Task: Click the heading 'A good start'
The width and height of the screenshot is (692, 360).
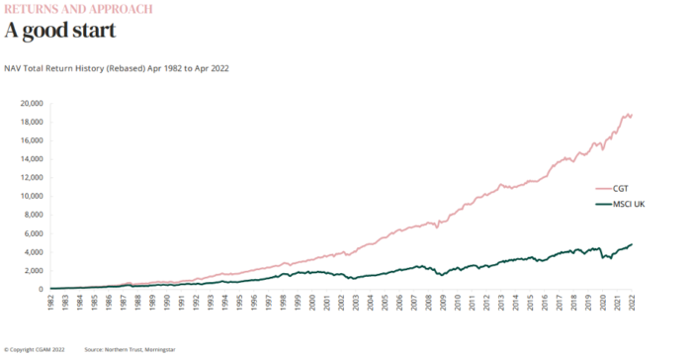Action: coord(60,30)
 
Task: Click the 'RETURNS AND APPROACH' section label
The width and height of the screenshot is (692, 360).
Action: coord(79,9)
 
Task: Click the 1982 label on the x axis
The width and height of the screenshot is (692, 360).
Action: coord(51,302)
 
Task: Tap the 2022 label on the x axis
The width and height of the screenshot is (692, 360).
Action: coord(631,302)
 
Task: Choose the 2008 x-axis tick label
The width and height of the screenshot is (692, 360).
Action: coord(428,302)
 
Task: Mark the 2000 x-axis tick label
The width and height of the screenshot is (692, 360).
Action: coord(312,302)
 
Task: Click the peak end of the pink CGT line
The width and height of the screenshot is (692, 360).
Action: coord(630,114)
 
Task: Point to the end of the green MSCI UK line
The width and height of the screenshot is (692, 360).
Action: coord(631,244)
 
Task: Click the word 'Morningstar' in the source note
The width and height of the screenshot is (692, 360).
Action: coord(157,349)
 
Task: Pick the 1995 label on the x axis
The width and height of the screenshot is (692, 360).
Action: coord(239,302)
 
